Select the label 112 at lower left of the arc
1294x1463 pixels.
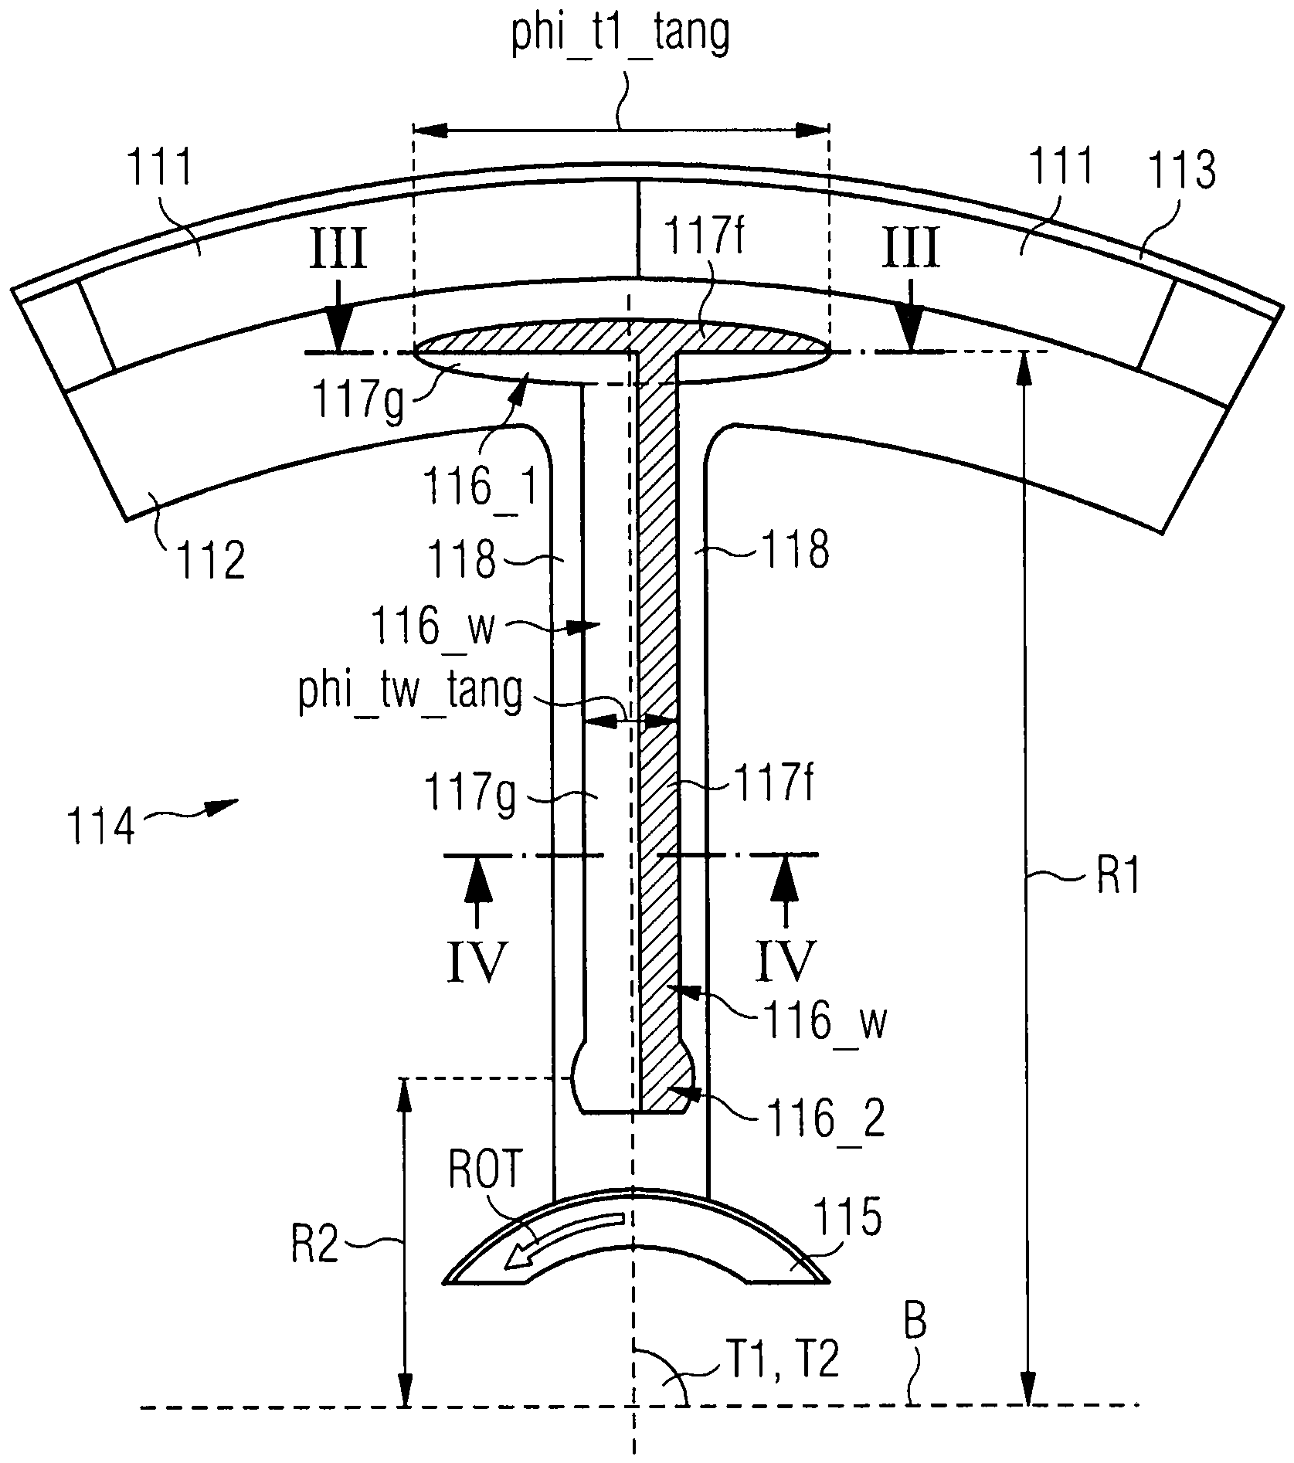point(210,560)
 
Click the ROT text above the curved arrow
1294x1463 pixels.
point(486,1175)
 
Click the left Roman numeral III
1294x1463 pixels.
point(339,251)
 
